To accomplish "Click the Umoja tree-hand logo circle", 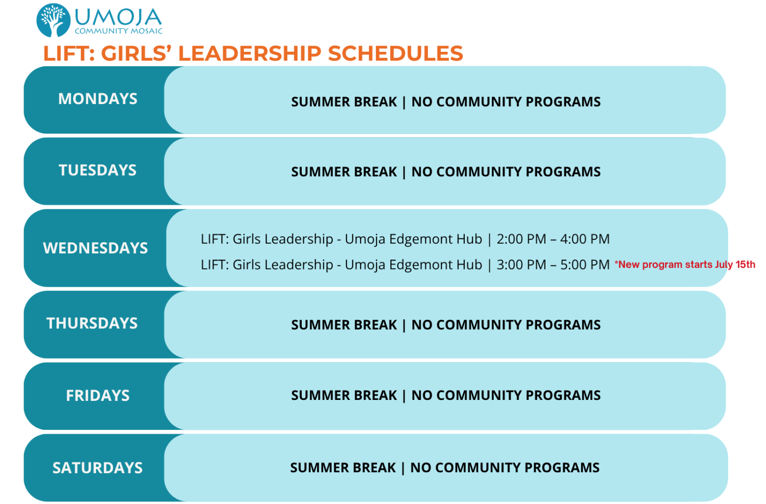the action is (53, 20).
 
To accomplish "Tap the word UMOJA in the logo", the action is (118, 17).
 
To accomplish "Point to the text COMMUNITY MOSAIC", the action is (118, 31).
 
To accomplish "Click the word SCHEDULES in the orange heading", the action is (395, 53).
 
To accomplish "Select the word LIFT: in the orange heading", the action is (69, 53).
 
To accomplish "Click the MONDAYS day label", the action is (98, 99).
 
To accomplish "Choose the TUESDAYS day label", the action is (98, 170).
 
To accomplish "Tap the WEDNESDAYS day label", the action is (95, 248).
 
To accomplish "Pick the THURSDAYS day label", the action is (92, 323).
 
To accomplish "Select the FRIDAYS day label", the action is (98, 395).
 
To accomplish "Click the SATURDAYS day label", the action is (97, 468).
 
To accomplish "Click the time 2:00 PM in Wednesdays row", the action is (522, 239).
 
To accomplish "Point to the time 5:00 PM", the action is (585, 264).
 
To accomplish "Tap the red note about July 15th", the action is (685, 264).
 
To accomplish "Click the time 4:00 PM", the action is (585, 239).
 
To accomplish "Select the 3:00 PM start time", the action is (522, 264).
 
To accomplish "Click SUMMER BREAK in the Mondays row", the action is (344, 102).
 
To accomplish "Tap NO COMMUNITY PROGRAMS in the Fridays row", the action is (506, 395).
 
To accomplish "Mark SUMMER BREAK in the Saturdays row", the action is (343, 468).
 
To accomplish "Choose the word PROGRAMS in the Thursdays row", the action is (563, 325).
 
